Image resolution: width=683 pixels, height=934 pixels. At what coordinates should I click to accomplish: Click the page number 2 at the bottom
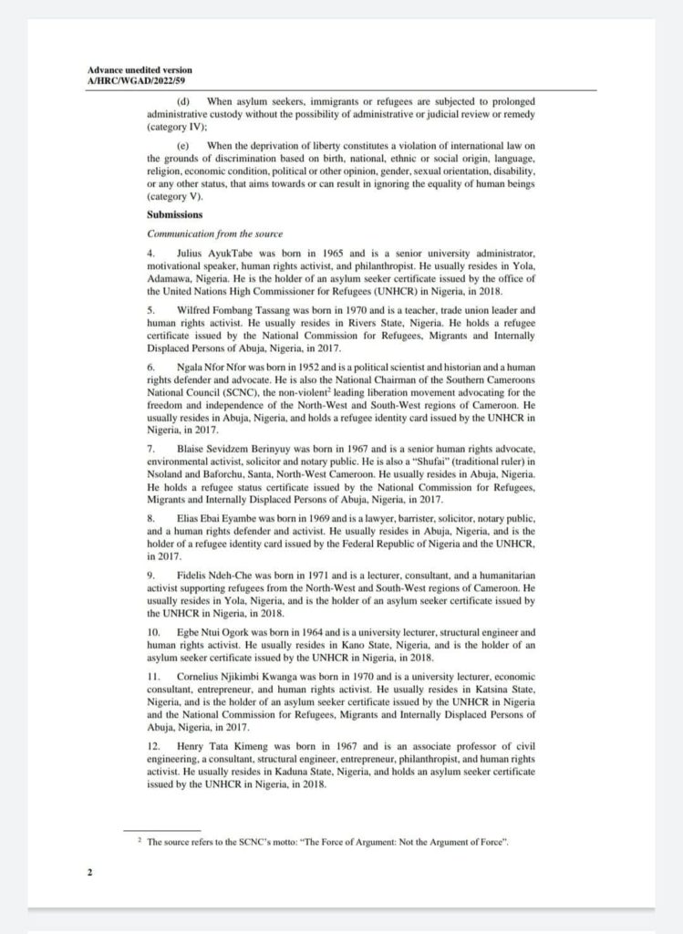(x=89, y=872)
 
